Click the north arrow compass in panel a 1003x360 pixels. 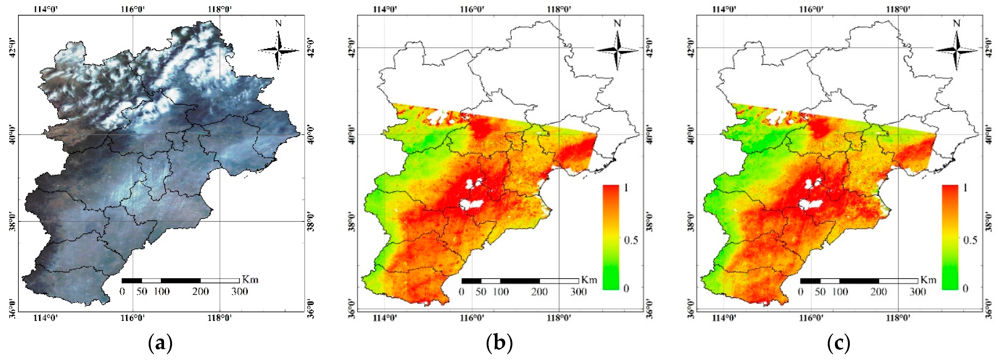click(x=278, y=50)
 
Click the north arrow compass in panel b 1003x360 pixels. click(x=618, y=50)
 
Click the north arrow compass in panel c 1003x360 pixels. click(x=957, y=50)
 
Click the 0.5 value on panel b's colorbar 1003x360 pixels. click(x=631, y=240)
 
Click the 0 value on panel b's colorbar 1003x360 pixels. click(x=626, y=288)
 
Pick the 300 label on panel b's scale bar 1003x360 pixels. click(x=578, y=292)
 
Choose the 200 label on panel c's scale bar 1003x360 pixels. click(x=879, y=292)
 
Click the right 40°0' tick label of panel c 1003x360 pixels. click(x=989, y=135)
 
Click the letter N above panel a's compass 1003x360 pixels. click(x=278, y=23)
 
